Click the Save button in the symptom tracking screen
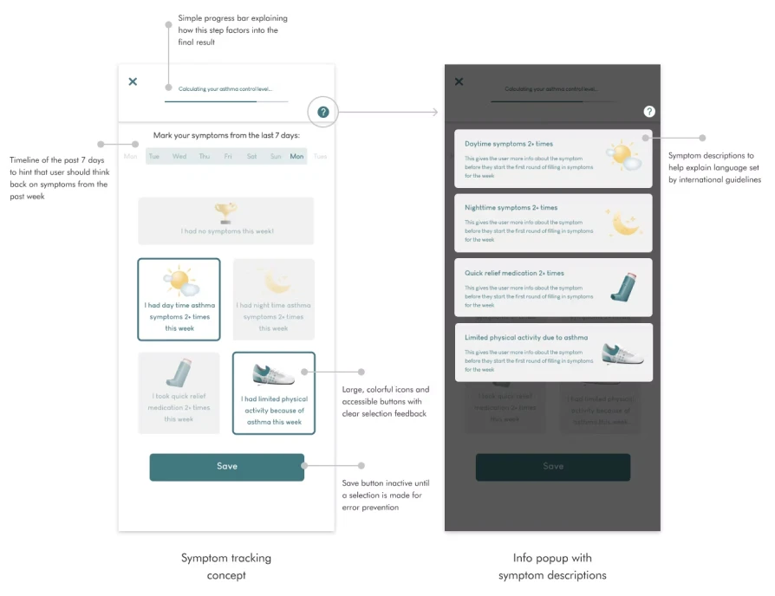pyautogui.click(x=226, y=467)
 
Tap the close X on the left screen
pyautogui.click(x=133, y=81)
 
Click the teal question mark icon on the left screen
pyautogui.click(x=323, y=112)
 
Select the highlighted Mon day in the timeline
pyautogui.click(x=296, y=157)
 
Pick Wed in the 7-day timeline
pyautogui.click(x=179, y=157)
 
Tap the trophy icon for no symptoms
pyautogui.click(x=225, y=212)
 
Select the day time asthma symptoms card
pyautogui.click(x=179, y=299)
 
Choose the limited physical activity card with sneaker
pyautogui.click(x=274, y=392)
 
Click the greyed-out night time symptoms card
pyautogui.click(x=274, y=299)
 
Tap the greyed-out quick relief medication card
pyautogui.click(x=179, y=392)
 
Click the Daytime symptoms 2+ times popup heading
pyautogui.click(x=508, y=144)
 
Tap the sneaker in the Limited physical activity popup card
pyautogui.click(x=622, y=352)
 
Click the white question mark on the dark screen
pyautogui.click(x=649, y=112)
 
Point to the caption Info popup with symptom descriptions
pyautogui.click(x=552, y=567)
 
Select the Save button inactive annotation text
pyautogui.click(x=385, y=496)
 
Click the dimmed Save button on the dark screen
pyautogui.click(x=552, y=467)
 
